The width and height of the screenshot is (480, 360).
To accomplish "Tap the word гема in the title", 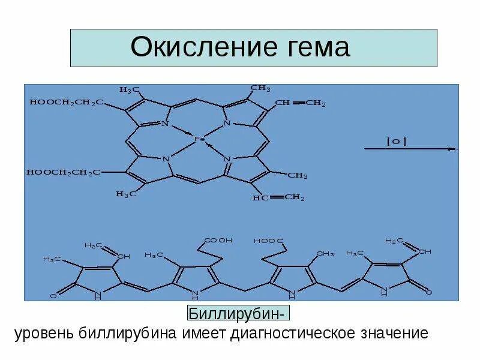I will click(x=313, y=47).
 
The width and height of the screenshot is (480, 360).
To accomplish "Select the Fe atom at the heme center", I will click(x=200, y=139).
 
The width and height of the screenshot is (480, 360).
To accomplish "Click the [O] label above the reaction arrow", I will click(x=397, y=142).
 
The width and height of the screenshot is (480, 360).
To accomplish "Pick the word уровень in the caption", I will click(x=44, y=333).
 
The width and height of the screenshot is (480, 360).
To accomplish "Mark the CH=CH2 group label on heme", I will click(x=300, y=103).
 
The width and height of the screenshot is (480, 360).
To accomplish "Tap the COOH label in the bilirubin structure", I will click(x=218, y=241).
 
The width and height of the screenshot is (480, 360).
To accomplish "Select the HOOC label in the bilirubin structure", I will click(x=269, y=241).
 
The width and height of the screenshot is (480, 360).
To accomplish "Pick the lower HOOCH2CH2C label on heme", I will click(x=63, y=173).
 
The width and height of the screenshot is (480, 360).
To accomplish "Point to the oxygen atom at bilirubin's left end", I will click(x=53, y=296).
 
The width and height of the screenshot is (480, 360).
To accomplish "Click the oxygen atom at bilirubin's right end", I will click(x=430, y=292).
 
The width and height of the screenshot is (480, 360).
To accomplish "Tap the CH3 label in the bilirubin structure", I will click(x=325, y=254).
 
